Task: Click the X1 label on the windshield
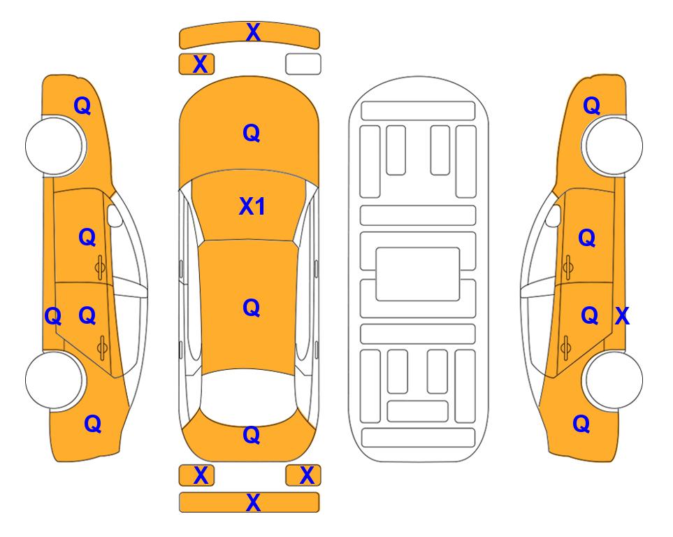[x=252, y=206]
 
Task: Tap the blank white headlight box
[x=303, y=64]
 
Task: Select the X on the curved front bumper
[x=253, y=32]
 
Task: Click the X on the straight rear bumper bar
[x=253, y=502]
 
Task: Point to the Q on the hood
[x=252, y=133]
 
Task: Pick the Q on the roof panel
[x=252, y=308]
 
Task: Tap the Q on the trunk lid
[x=252, y=435]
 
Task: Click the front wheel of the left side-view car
[x=55, y=145]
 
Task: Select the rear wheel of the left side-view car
[x=55, y=380]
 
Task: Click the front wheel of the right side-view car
[x=613, y=145]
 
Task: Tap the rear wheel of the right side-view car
[x=613, y=380]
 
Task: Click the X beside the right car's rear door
[x=623, y=316]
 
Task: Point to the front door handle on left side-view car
[x=100, y=267]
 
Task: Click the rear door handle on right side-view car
[x=566, y=348]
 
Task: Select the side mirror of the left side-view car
[x=114, y=215]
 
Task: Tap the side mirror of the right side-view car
[x=553, y=215]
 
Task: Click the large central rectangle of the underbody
[x=418, y=274]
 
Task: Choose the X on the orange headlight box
[x=201, y=64]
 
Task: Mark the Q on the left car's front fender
[x=82, y=106]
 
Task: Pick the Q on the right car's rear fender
[x=581, y=424]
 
